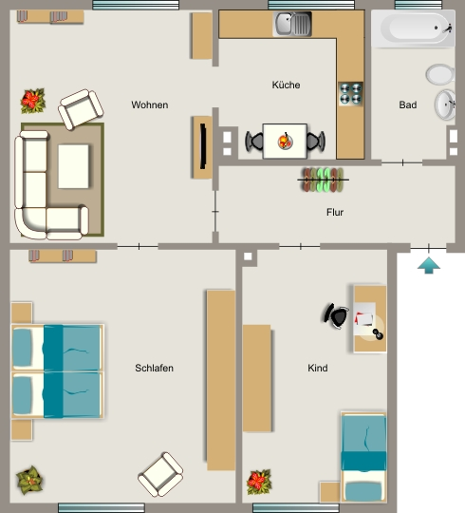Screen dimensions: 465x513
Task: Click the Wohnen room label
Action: click(150, 105)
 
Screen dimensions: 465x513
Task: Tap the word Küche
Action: click(286, 85)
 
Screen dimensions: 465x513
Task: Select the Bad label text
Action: click(408, 105)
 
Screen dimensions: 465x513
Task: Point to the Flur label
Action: click(335, 213)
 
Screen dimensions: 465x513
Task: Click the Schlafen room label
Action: click(155, 368)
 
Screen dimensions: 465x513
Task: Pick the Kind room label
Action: click(318, 368)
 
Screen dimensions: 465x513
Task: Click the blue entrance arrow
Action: click(429, 265)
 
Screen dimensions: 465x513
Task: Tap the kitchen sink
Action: click(292, 24)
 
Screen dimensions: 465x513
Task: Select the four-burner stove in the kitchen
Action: click(350, 94)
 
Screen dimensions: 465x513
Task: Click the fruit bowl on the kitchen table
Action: click(285, 142)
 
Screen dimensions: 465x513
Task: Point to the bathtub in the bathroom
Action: click(414, 28)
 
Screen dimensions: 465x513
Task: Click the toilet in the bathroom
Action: click(440, 74)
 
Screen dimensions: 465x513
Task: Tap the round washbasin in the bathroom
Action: click(445, 104)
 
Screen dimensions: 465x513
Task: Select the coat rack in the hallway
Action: click(323, 180)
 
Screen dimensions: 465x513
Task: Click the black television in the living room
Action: click(203, 146)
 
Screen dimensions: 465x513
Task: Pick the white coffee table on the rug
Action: click(73, 166)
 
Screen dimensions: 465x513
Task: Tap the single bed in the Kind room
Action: click(363, 457)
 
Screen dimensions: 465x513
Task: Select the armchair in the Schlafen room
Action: click(160, 474)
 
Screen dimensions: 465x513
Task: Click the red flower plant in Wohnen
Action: click(32, 101)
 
